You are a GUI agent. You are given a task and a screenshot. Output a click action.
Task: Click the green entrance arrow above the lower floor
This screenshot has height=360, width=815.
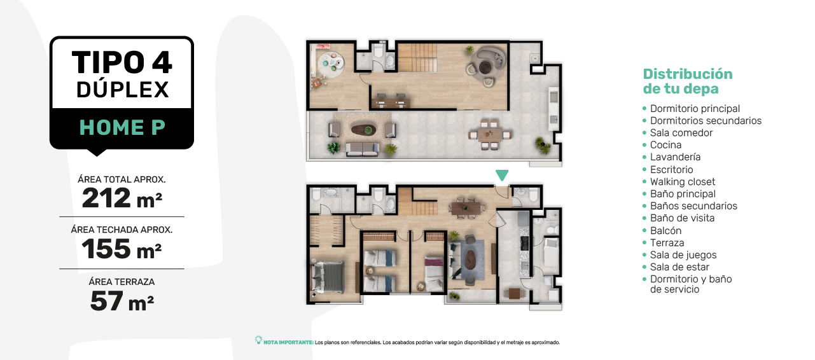point(502,174)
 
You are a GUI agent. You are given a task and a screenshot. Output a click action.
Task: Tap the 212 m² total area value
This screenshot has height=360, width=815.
point(122,198)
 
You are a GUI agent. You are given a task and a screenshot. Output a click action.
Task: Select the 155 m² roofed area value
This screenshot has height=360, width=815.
point(122,249)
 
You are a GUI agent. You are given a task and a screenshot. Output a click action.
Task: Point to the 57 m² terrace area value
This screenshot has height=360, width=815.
point(122,301)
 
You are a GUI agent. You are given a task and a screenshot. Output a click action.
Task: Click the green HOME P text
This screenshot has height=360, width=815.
point(122,127)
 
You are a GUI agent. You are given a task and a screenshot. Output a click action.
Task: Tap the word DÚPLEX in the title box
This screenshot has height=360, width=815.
point(123,90)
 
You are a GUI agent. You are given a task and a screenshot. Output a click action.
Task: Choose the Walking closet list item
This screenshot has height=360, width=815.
point(683,181)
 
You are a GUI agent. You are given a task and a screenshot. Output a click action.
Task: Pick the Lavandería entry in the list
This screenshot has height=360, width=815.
point(675,156)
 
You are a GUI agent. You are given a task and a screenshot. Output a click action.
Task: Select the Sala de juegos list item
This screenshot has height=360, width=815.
point(683,255)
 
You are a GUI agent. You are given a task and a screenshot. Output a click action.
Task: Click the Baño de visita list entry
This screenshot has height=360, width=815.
point(682,218)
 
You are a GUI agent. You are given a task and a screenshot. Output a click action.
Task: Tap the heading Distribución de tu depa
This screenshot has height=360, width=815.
point(688,81)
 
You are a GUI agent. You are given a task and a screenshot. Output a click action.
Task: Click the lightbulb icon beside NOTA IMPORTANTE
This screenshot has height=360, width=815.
point(258,340)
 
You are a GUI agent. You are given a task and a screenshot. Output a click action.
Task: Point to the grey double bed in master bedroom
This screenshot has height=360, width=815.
point(328,277)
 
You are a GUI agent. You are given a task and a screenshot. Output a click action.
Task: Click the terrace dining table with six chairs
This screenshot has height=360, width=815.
point(489,135)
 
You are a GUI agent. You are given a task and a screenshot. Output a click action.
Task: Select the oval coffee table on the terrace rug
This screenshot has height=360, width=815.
point(363,130)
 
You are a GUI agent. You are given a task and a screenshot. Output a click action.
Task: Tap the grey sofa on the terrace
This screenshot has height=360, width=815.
point(362,149)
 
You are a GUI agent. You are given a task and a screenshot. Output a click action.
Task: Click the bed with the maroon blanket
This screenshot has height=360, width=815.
point(434,273)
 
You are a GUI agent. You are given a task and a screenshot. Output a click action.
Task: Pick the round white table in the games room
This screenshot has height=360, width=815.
point(330,65)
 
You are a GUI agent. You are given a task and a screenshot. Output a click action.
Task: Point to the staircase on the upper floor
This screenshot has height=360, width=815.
point(417,58)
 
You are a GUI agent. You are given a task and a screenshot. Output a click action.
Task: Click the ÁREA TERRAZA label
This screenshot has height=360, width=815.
point(122,282)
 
